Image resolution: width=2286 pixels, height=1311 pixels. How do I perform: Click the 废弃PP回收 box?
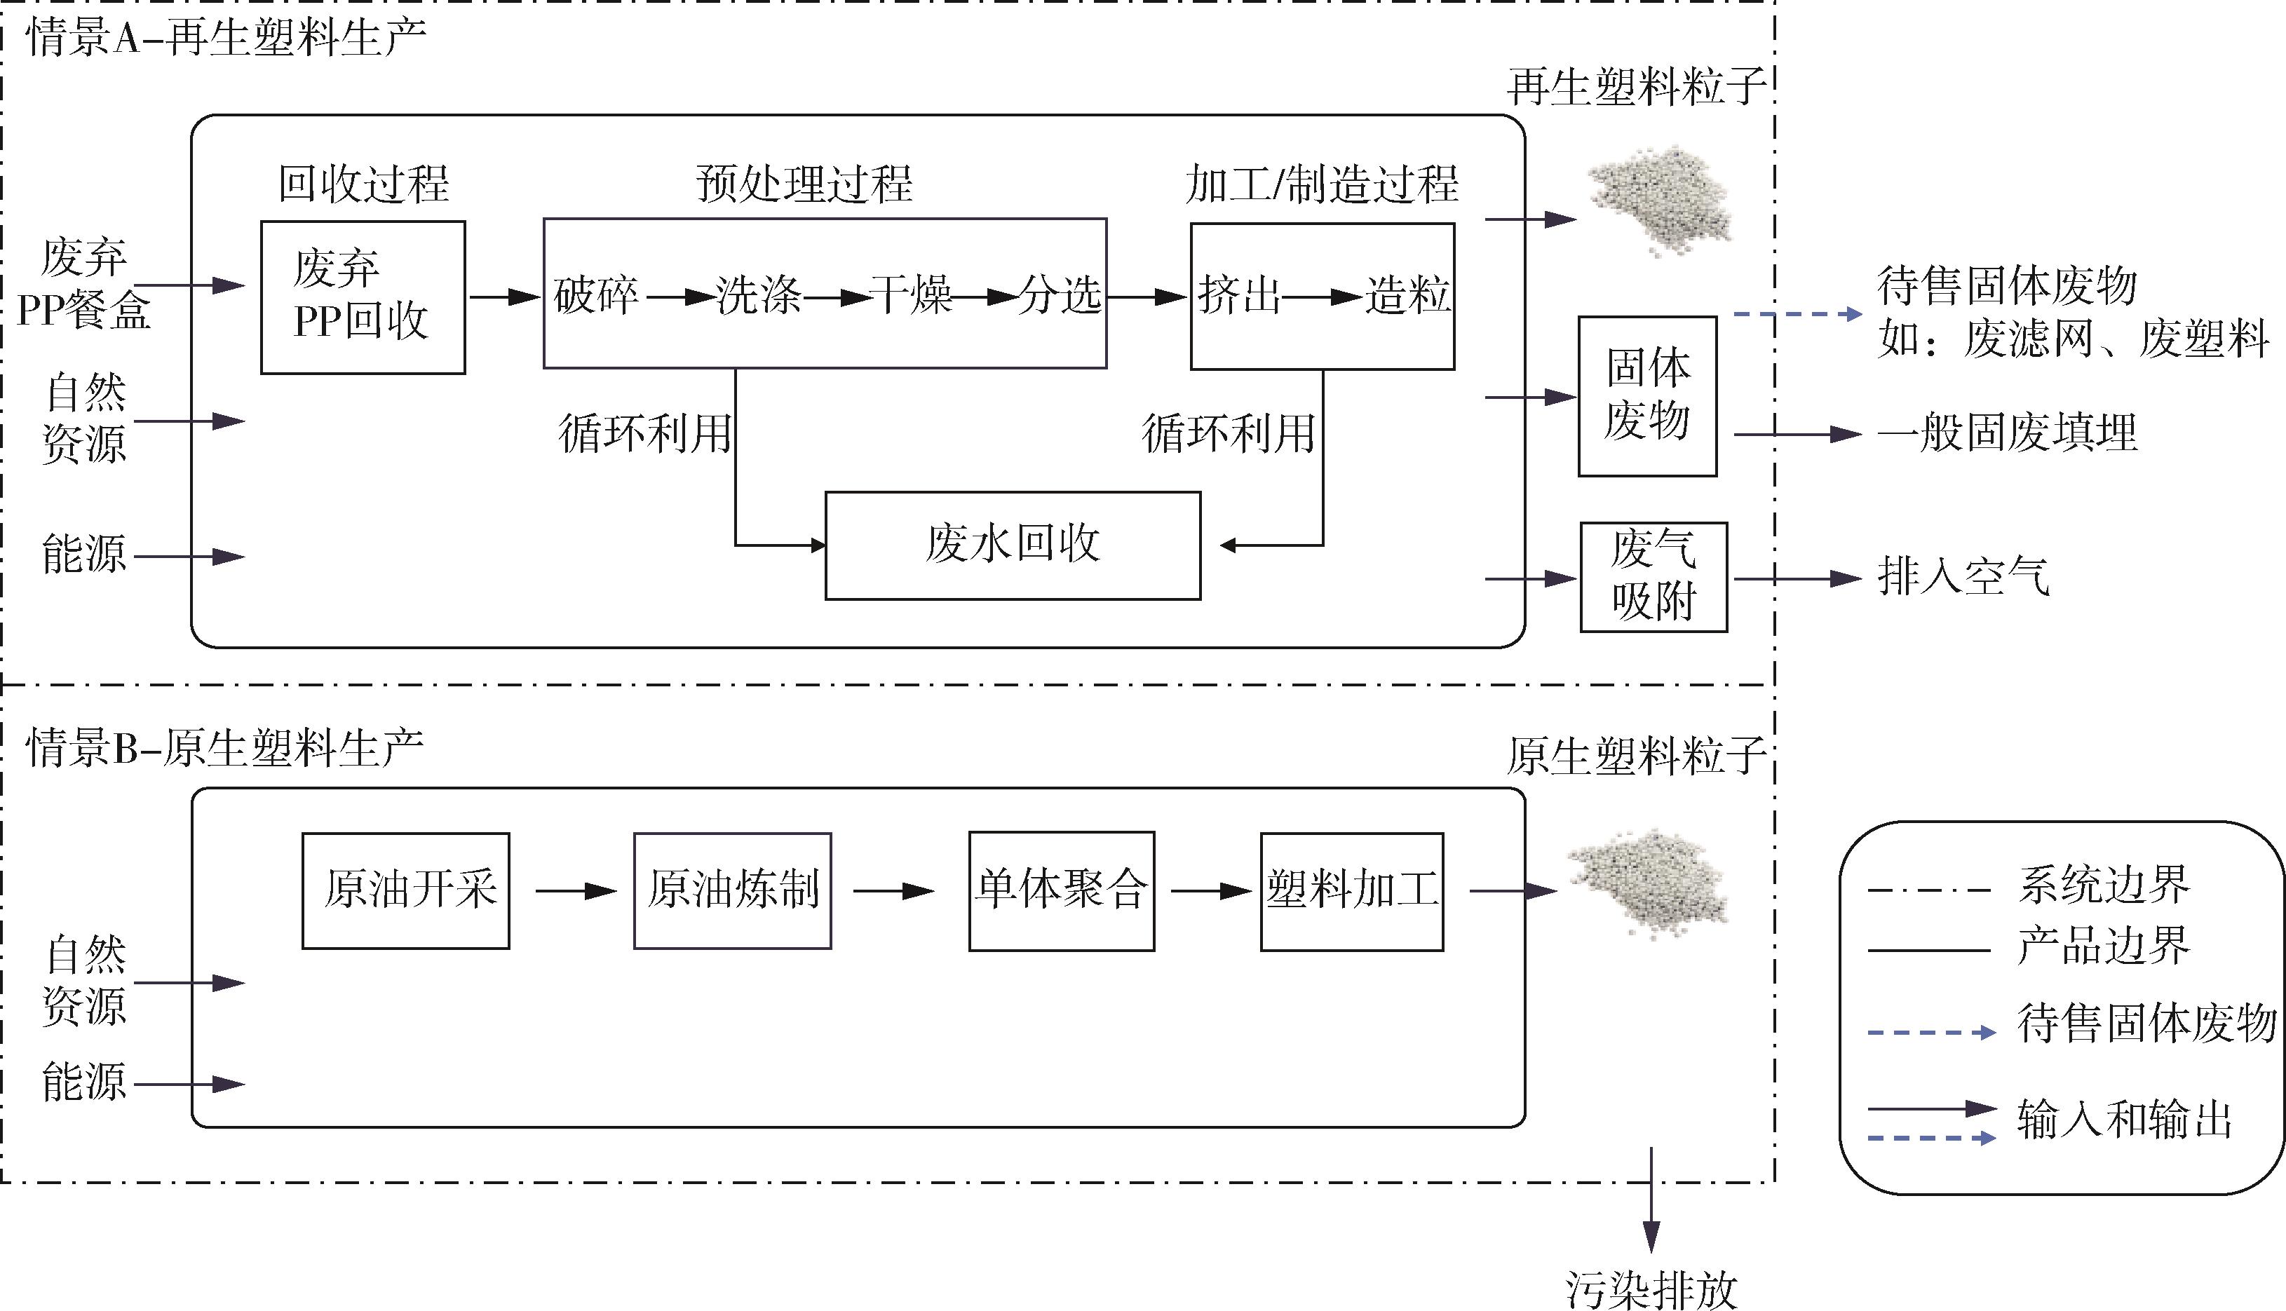coord(362,297)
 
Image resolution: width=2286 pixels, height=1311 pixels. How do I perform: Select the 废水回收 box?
coord(1012,545)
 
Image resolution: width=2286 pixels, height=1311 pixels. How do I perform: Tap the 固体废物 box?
coord(1646,395)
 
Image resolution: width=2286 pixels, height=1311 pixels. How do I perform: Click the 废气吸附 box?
coord(1653,576)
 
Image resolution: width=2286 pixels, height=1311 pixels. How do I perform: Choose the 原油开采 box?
coord(405,890)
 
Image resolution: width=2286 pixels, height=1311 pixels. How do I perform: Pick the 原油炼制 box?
coord(732,890)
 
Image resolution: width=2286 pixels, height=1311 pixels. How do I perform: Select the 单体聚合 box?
coord(1061,890)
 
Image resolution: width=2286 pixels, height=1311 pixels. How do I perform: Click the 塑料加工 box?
coord(1351,890)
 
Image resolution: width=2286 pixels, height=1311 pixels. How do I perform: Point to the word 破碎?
coord(595,295)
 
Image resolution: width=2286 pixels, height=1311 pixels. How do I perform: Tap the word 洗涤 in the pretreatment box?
coord(758,295)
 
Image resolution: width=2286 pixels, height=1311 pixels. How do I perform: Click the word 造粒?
coord(1407,295)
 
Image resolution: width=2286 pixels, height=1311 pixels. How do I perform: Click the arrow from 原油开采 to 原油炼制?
coord(575,891)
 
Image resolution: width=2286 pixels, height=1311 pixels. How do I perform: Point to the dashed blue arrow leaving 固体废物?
coord(1797,314)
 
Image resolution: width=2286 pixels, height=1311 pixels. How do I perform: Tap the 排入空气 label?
coord(1963,576)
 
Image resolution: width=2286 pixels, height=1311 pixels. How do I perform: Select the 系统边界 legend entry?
coord(2102,885)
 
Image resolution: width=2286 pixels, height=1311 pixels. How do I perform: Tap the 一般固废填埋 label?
coord(2006,433)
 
